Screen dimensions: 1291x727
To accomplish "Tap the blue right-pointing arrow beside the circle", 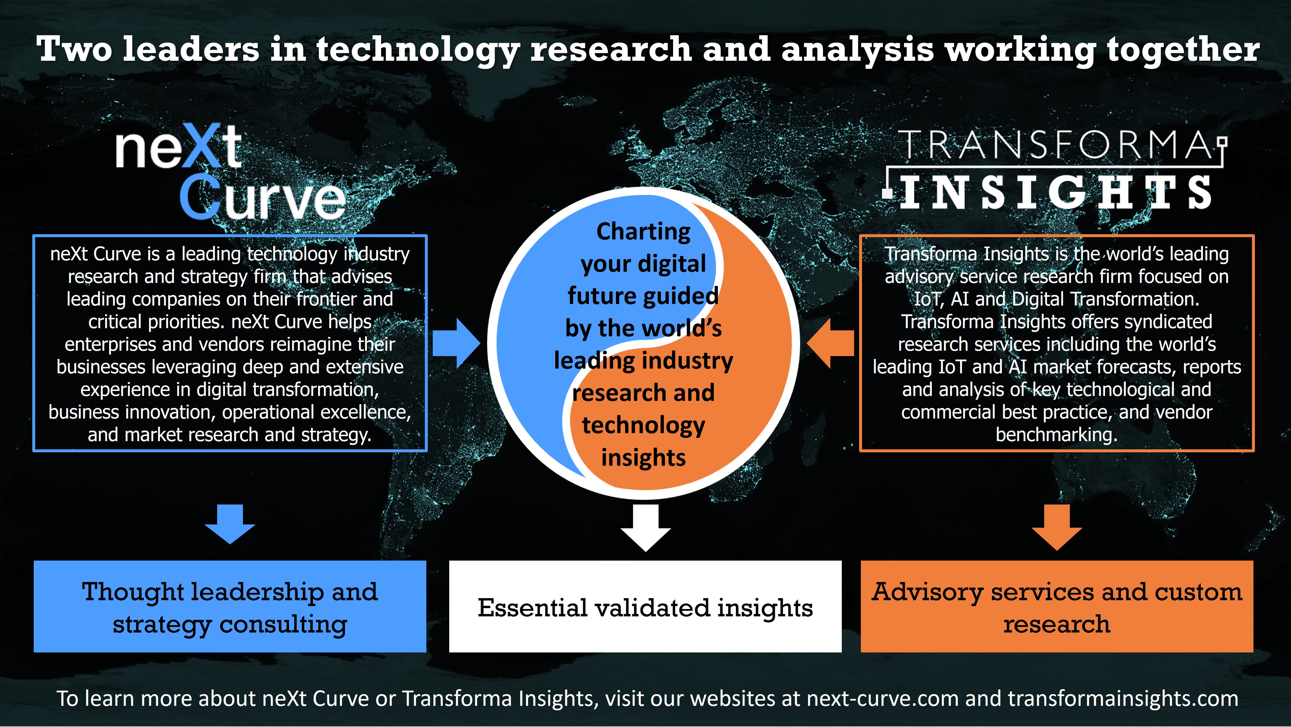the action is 456,343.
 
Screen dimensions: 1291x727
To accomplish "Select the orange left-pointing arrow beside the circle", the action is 830,343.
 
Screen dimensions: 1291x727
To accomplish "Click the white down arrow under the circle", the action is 645,527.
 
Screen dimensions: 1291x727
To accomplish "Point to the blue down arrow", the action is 230,524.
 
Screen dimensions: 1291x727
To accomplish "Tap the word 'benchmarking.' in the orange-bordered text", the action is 1057,435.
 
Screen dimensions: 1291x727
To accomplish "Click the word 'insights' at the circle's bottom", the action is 643,457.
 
